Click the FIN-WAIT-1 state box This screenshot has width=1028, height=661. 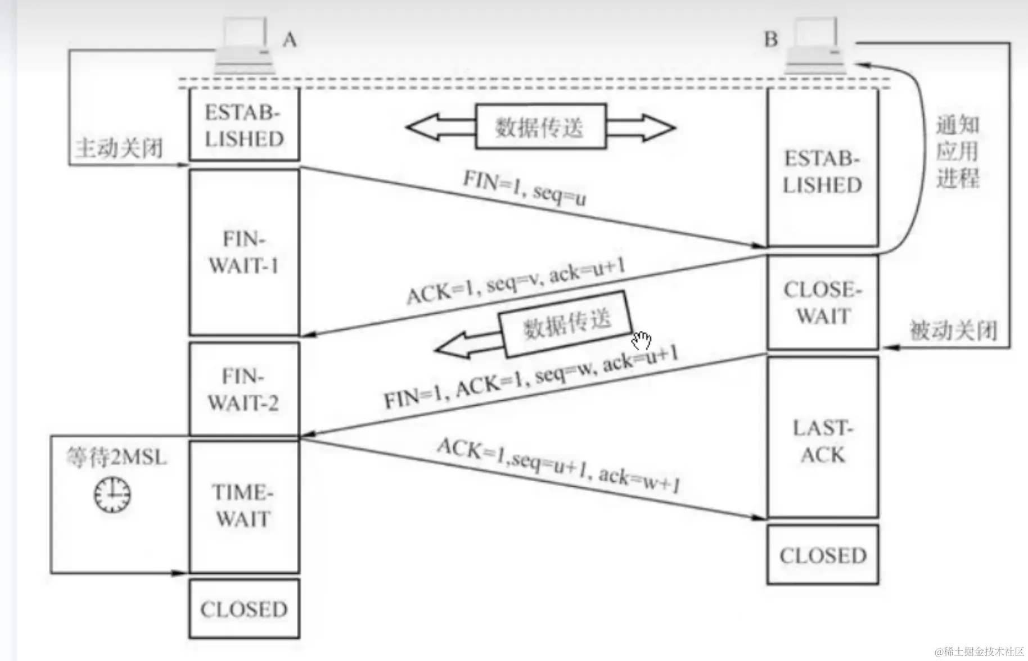(x=244, y=252)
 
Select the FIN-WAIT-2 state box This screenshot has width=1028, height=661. (x=244, y=389)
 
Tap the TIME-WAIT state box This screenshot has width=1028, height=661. (x=244, y=506)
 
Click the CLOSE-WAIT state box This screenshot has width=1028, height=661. (x=822, y=302)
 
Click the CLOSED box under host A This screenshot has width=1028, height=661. (x=244, y=609)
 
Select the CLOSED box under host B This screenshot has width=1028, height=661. (x=822, y=555)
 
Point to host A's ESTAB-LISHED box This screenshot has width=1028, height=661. (x=244, y=125)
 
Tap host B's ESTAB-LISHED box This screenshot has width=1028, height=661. (x=822, y=171)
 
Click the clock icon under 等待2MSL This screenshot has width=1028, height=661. (x=112, y=495)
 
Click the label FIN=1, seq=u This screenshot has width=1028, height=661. (x=524, y=188)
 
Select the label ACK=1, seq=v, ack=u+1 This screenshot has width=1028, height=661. (x=516, y=281)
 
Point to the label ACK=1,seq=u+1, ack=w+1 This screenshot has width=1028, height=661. (x=558, y=464)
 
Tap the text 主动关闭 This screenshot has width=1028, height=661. (x=119, y=148)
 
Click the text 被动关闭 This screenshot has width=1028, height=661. (x=953, y=330)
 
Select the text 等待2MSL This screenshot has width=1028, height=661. (x=117, y=457)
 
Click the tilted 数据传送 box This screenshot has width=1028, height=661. (x=566, y=323)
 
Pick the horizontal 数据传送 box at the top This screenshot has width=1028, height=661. (x=540, y=127)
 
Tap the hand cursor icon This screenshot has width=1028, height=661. (x=641, y=341)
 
